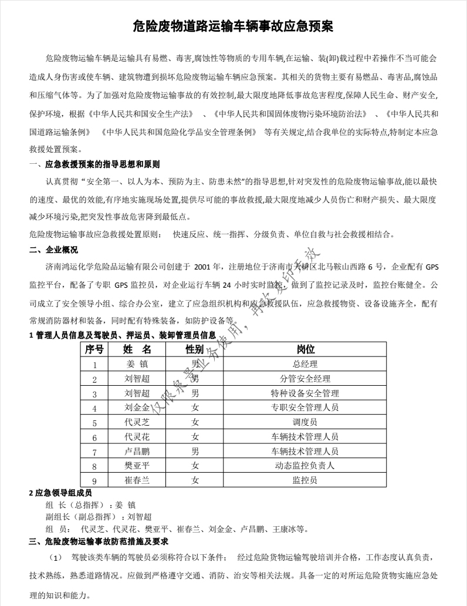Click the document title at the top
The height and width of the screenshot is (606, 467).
(233, 26)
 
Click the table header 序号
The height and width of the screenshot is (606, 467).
(94, 349)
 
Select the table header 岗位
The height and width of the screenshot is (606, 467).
(305, 349)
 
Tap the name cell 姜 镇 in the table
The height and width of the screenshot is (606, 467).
(137, 364)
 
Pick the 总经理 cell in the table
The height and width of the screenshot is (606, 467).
(305, 364)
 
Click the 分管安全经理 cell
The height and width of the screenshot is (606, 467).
(305, 379)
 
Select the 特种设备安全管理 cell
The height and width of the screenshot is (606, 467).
(305, 393)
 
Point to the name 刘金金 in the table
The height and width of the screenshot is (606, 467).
(137, 408)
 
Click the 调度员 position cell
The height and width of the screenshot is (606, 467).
(305, 422)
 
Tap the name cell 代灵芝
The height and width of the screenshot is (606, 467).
(137, 422)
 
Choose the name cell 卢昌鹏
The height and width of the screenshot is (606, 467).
(137, 452)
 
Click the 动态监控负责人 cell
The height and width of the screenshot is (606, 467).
(305, 466)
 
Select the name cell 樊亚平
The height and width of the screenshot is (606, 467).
(137, 466)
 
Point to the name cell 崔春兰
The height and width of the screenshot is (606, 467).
(137, 480)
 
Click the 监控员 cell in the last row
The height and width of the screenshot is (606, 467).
(305, 480)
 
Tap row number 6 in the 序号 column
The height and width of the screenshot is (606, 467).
(94, 437)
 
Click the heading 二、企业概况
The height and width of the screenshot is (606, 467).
(53, 250)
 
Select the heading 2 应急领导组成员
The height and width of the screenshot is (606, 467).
(60, 492)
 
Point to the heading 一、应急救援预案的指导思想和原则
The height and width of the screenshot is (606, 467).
(94, 164)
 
